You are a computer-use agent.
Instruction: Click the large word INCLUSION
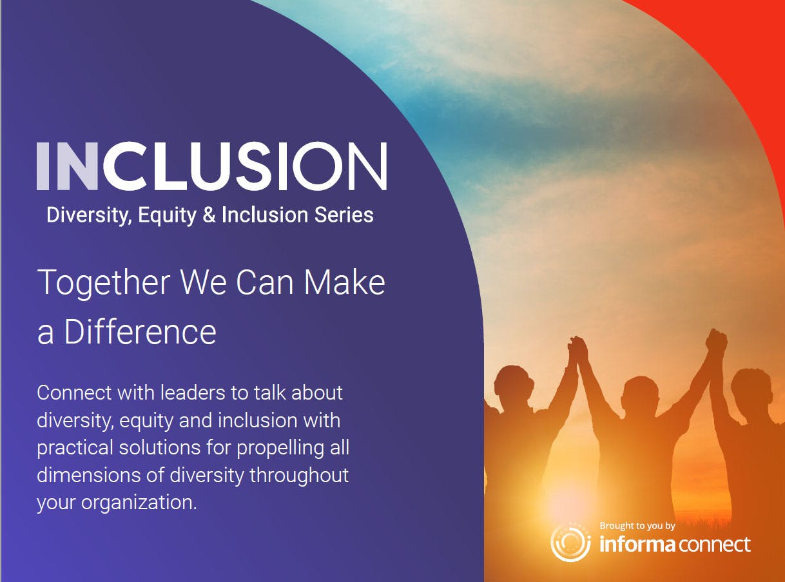pyautogui.click(x=211, y=166)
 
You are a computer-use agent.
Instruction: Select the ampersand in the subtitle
pyautogui.click(x=209, y=215)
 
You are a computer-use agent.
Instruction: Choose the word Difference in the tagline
pyautogui.click(x=140, y=332)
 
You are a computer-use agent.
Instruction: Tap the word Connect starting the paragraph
pyautogui.click(x=74, y=393)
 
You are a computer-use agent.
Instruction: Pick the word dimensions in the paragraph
pyautogui.click(x=89, y=475)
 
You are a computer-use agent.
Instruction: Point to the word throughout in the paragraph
pyautogui.click(x=299, y=476)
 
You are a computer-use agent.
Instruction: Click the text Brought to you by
pyautogui.click(x=637, y=527)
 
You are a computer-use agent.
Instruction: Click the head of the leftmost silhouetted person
pyautogui.click(x=514, y=383)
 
